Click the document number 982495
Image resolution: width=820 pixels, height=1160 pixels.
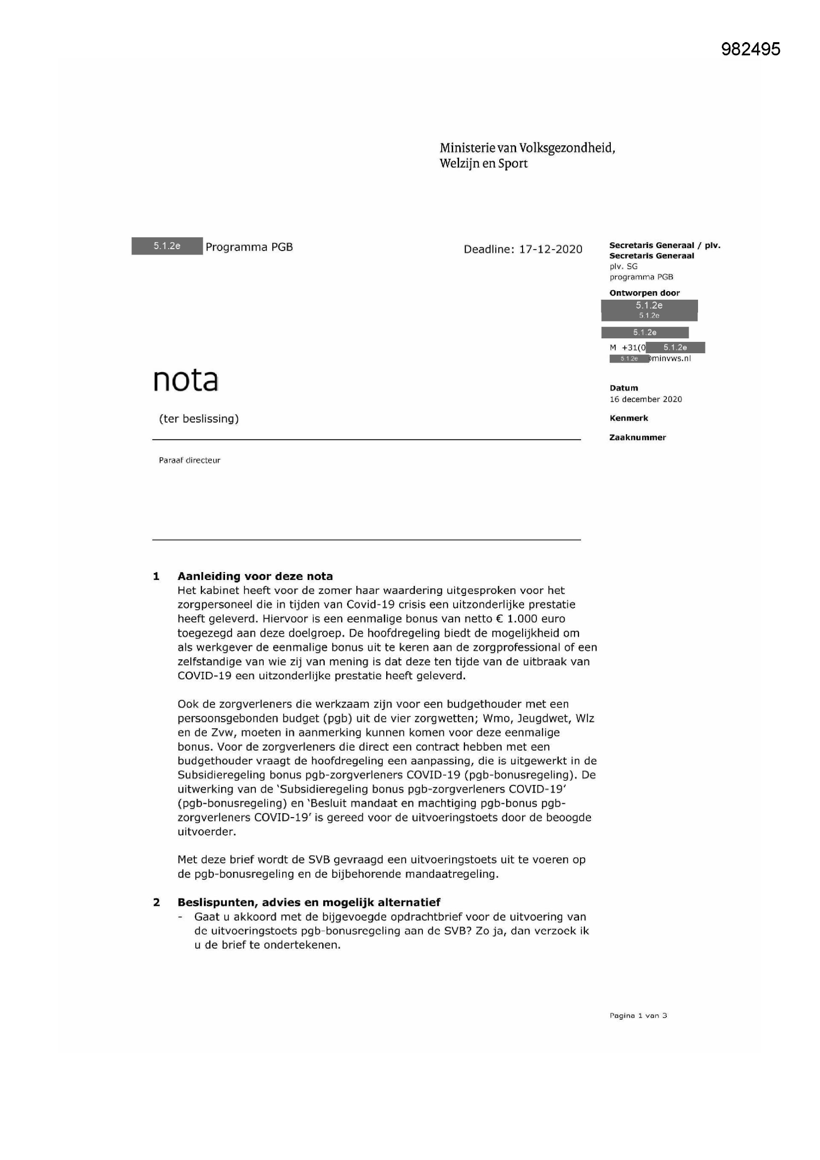pyautogui.click(x=750, y=49)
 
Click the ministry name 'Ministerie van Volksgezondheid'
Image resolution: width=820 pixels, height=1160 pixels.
pyautogui.click(x=527, y=148)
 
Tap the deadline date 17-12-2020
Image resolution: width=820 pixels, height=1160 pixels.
pyautogui.click(x=550, y=249)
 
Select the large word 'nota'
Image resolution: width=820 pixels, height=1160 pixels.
pyautogui.click(x=185, y=381)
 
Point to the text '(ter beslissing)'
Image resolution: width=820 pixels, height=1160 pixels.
pyautogui.click(x=198, y=419)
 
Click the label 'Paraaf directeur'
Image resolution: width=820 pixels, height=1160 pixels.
pyautogui.click(x=189, y=460)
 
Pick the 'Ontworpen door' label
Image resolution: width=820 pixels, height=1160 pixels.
pyautogui.click(x=644, y=293)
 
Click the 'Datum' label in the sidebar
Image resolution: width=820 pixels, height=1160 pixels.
pyautogui.click(x=624, y=388)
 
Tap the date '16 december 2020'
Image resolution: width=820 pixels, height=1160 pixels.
pyautogui.click(x=645, y=399)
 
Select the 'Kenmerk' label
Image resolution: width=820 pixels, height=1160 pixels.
pyautogui.click(x=629, y=418)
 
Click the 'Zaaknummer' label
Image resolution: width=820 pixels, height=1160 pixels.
pyautogui.click(x=637, y=438)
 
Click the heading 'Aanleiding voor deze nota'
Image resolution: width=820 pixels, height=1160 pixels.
pyautogui.click(x=255, y=577)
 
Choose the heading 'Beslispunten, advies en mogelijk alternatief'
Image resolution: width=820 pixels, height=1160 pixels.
pyautogui.click(x=308, y=902)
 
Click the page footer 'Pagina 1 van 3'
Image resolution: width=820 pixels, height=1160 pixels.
pyautogui.click(x=638, y=1016)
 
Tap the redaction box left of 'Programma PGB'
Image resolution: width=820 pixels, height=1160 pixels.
pyautogui.click(x=167, y=246)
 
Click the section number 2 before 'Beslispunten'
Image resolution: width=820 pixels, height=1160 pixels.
pyautogui.click(x=157, y=902)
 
